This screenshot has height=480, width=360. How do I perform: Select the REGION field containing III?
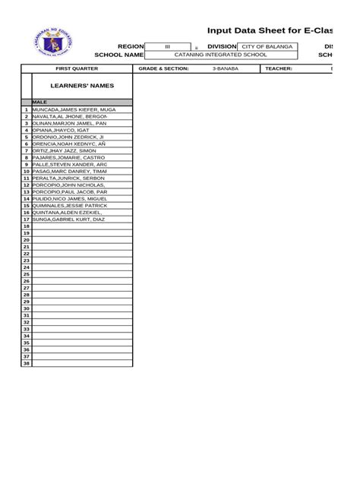click(x=168, y=47)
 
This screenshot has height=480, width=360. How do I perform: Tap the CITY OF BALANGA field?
click(x=267, y=47)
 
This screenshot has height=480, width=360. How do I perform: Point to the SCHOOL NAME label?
click(x=118, y=55)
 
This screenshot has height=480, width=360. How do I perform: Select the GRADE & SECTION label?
click(x=163, y=68)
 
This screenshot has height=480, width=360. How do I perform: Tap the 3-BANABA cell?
click(x=225, y=68)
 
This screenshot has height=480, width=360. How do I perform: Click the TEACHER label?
click(x=279, y=68)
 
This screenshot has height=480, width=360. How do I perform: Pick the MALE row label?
click(x=40, y=102)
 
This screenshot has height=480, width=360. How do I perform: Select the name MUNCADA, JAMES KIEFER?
click(x=74, y=109)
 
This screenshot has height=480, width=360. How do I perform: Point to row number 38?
click(x=26, y=363)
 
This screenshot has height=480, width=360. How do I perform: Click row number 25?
click(x=26, y=274)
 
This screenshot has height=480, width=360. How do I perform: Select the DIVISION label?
click(x=217, y=47)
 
